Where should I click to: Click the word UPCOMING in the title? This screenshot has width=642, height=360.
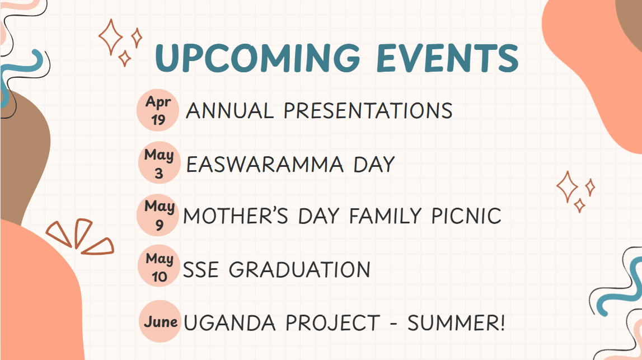257,58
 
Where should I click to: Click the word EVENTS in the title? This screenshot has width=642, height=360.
448,58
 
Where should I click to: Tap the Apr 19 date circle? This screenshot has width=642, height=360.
158,110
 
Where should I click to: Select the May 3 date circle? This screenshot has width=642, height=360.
160,162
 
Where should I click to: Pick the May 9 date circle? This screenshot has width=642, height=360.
158,214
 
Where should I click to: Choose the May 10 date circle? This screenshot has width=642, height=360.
159,266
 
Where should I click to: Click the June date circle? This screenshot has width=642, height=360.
160,321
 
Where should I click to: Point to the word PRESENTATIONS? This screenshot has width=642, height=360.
368,111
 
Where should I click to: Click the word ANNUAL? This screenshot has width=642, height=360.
229,111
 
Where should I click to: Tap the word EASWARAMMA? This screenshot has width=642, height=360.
265,165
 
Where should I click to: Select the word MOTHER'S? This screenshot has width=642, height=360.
236,216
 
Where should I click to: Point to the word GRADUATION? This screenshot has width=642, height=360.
299,270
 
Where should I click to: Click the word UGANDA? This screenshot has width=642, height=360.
229,322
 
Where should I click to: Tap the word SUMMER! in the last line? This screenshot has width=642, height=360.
456,322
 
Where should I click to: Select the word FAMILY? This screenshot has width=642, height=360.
385,216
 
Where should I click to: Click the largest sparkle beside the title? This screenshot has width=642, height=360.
110,37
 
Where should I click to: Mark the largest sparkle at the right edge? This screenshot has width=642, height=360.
567,187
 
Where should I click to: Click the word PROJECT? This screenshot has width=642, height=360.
333,322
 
